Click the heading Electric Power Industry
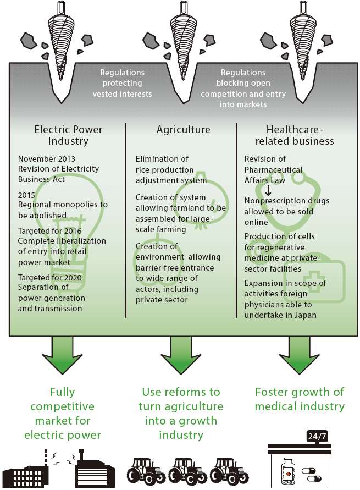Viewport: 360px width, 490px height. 68,135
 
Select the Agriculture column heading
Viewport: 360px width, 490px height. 183,130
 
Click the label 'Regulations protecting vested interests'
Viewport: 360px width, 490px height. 122,83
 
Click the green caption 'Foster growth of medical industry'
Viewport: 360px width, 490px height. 300,399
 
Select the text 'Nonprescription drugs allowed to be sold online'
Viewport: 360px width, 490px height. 286,211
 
